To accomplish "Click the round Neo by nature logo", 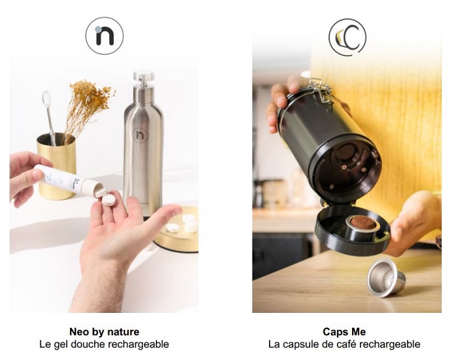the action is pos(104,35).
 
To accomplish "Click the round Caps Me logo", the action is pos(347,37).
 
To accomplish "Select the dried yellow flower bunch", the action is pos(88,108).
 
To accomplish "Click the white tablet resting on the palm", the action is pos(109,200).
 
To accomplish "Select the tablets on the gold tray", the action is pos(183,223).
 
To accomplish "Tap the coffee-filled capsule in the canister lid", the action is pos(362,228).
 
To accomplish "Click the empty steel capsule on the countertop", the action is pos(386,278).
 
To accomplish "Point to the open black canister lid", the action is pos(353,231).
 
